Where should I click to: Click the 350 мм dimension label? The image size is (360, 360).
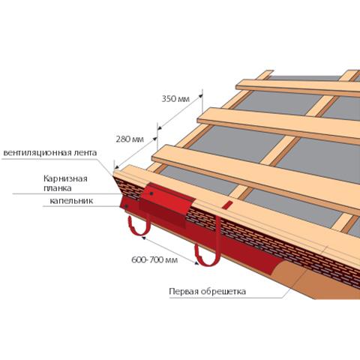pyautogui.click(x=175, y=99)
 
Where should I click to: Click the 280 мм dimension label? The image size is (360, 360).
pyautogui.click(x=130, y=139)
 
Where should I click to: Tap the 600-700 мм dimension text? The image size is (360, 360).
pyautogui.click(x=154, y=260)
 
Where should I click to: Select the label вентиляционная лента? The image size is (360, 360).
pyautogui.click(x=50, y=153)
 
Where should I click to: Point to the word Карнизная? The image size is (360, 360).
pyautogui.click(x=65, y=179)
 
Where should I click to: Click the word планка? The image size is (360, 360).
pyautogui.click(x=58, y=188)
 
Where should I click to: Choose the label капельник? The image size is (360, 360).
pyautogui.click(x=71, y=201)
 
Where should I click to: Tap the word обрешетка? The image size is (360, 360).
pyautogui.click(x=223, y=292)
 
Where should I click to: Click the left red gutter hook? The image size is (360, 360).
pyautogui.click(x=139, y=226)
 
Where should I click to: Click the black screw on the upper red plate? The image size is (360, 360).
pyautogui.click(x=151, y=193)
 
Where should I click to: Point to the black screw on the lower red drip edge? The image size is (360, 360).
pyautogui.click(x=127, y=206)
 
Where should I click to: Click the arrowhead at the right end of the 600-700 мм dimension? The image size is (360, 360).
pyautogui.click(x=196, y=263)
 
